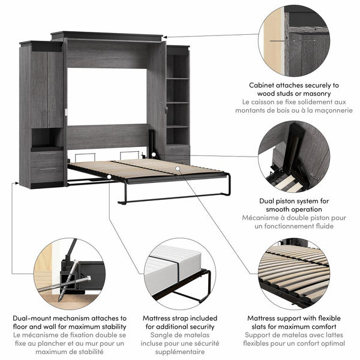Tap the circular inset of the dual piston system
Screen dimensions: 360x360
click(x=294, y=157)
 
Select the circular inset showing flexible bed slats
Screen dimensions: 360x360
click(x=294, y=273)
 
